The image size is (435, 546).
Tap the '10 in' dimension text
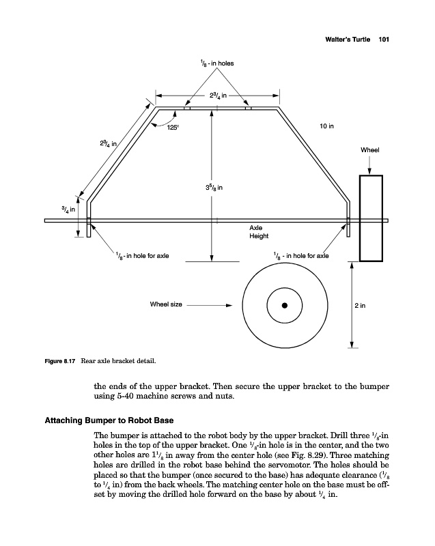pyautogui.click(x=326, y=126)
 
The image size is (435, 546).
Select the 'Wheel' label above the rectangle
pyautogui.click(x=369, y=150)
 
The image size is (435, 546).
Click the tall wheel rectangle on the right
pyautogui.click(x=371, y=218)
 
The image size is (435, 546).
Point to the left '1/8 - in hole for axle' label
pyautogui.click(x=141, y=256)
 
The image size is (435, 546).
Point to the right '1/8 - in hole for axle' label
pyautogui.click(x=300, y=256)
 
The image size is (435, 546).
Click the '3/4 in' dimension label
pyautogui.click(x=70, y=208)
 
